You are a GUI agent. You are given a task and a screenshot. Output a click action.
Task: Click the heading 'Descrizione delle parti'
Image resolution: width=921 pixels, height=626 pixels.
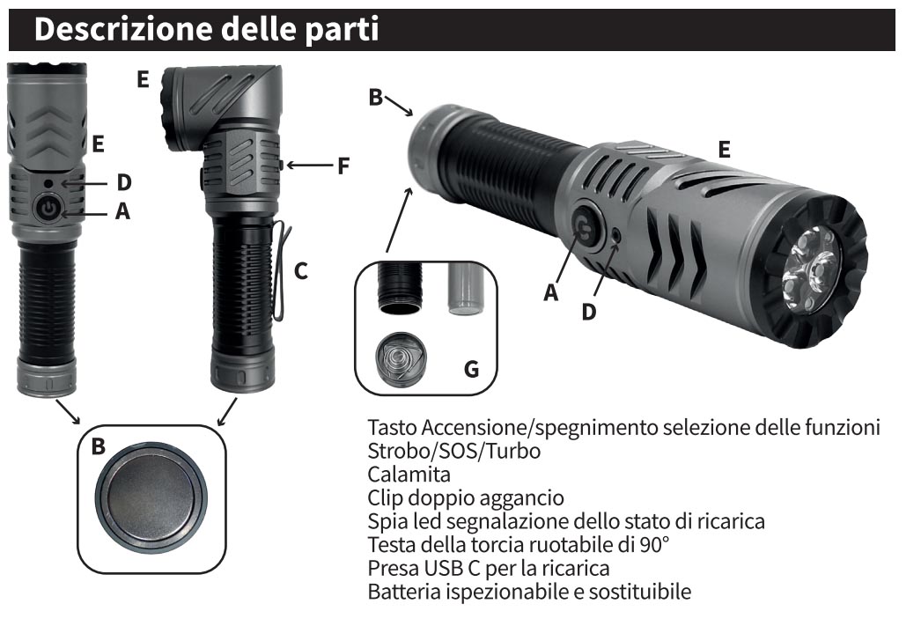tap(206, 29)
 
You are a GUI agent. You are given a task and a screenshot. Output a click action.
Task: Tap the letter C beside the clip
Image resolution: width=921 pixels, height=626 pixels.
tap(301, 270)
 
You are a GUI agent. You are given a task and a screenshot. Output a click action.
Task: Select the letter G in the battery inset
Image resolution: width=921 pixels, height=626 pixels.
tap(471, 369)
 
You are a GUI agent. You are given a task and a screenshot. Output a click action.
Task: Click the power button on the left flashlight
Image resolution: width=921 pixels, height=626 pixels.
tap(47, 207)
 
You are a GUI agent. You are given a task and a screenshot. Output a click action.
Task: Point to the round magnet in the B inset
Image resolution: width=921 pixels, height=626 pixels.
tap(151, 498)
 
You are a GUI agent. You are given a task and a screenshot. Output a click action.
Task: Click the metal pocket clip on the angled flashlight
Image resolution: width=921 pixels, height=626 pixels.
tap(283, 270)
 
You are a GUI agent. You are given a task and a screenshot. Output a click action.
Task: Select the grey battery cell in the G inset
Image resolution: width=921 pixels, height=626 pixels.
tap(465, 288)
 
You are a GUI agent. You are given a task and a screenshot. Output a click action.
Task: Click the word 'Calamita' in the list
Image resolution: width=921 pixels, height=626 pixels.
tap(409, 474)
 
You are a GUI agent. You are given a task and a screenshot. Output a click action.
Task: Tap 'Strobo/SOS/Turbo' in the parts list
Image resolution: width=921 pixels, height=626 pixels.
tap(454, 451)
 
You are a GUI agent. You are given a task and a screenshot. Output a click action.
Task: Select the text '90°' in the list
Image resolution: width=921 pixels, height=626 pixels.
tap(653, 544)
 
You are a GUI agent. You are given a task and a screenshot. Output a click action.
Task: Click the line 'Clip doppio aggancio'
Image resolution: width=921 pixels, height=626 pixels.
tap(466, 498)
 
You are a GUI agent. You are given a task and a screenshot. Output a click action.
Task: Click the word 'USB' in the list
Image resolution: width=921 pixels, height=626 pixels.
tap(446, 568)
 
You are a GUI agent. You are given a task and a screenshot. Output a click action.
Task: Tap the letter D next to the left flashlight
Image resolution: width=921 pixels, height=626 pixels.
tap(123, 182)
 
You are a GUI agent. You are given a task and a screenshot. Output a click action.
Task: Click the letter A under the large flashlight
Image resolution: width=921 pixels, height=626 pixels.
tap(550, 292)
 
